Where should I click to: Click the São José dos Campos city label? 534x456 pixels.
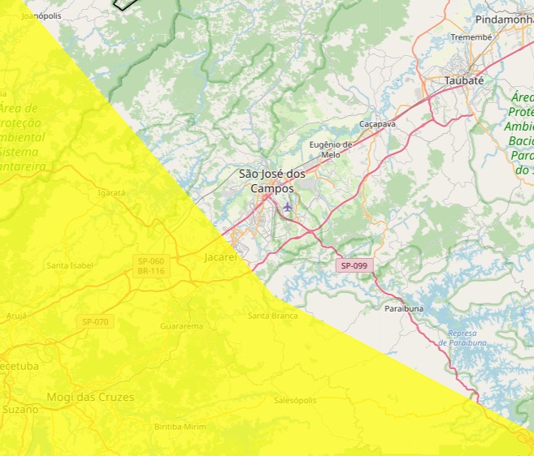pyautogui.click(x=272, y=181)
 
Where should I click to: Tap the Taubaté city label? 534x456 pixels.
pyautogui.click(x=464, y=81)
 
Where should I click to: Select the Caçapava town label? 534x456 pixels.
pyautogui.click(x=377, y=124)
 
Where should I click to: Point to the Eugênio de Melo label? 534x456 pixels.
pyautogui.click(x=331, y=149)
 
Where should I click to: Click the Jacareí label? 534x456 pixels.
pyautogui.click(x=220, y=257)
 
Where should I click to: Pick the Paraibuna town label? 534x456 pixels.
pyautogui.click(x=404, y=309)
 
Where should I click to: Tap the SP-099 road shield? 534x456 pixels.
pyautogui.click(x=354, y=265)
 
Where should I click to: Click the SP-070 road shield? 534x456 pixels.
pyautogui.click(x=95, y=322)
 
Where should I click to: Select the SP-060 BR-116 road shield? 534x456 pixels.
pyautogui.click(x=151, y=265)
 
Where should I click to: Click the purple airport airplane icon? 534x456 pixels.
pyautogui.click(x=288, y=207)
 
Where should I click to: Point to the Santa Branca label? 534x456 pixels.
pyautogui.click(x=272, y=316)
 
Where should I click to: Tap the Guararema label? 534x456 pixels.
pyautogui.click(x=181, y=325)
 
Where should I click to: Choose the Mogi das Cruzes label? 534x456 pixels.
pyautogui.click(x=90, y=398)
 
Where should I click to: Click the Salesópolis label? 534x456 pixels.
pyautogui.click(x=294, y=401)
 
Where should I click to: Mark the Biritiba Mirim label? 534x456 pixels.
pyautogui.click(x=180, y=427)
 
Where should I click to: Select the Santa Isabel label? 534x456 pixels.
pyautogui.click(x=70, y=265)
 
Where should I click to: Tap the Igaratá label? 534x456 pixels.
pyautogui.click(x=111, y=193)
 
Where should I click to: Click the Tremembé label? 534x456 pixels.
pyautogui.click(x=471, y=37)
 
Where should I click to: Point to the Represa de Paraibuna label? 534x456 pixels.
pyautogui.click(x=467, y=338)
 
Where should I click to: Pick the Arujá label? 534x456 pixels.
pyautogui.click(x=16, y=316)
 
